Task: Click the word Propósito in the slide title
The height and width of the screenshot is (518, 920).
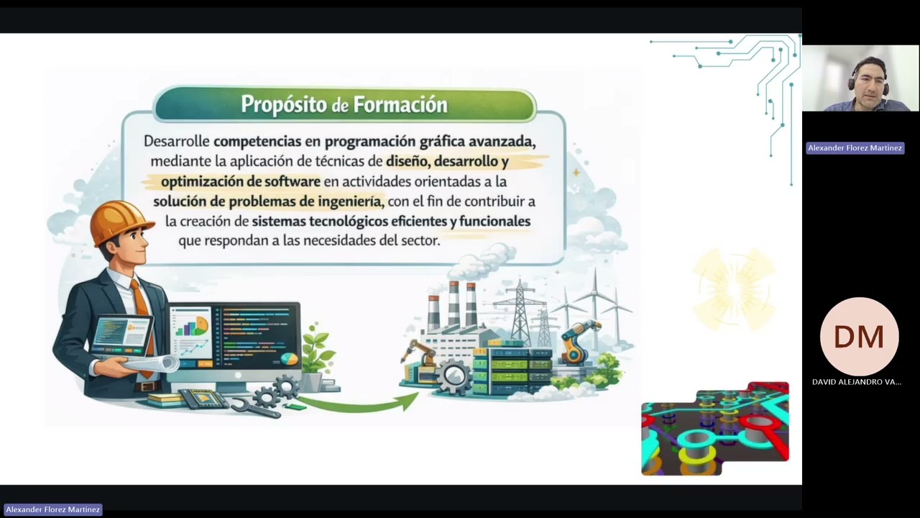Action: pyautogui.click(x=284, y=105)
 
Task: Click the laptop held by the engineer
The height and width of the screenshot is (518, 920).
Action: pyautogui.click(x=120, y=336)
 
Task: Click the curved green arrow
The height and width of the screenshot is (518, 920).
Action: pyautogui.click(x=359, y=403)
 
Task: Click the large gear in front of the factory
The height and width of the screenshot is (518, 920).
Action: pyautogui.click(x=454, y=376)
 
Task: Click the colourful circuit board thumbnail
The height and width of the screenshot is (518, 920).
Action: pyautogui.click(x=715, y=429)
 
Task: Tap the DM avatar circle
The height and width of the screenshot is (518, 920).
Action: pyautogui.click(x=859, y=337)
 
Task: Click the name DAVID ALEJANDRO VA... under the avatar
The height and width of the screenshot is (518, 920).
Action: pyautogui.click(x=856, y=382)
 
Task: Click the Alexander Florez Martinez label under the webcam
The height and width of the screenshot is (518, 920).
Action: pyautogui.click(x=855, y=148)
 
